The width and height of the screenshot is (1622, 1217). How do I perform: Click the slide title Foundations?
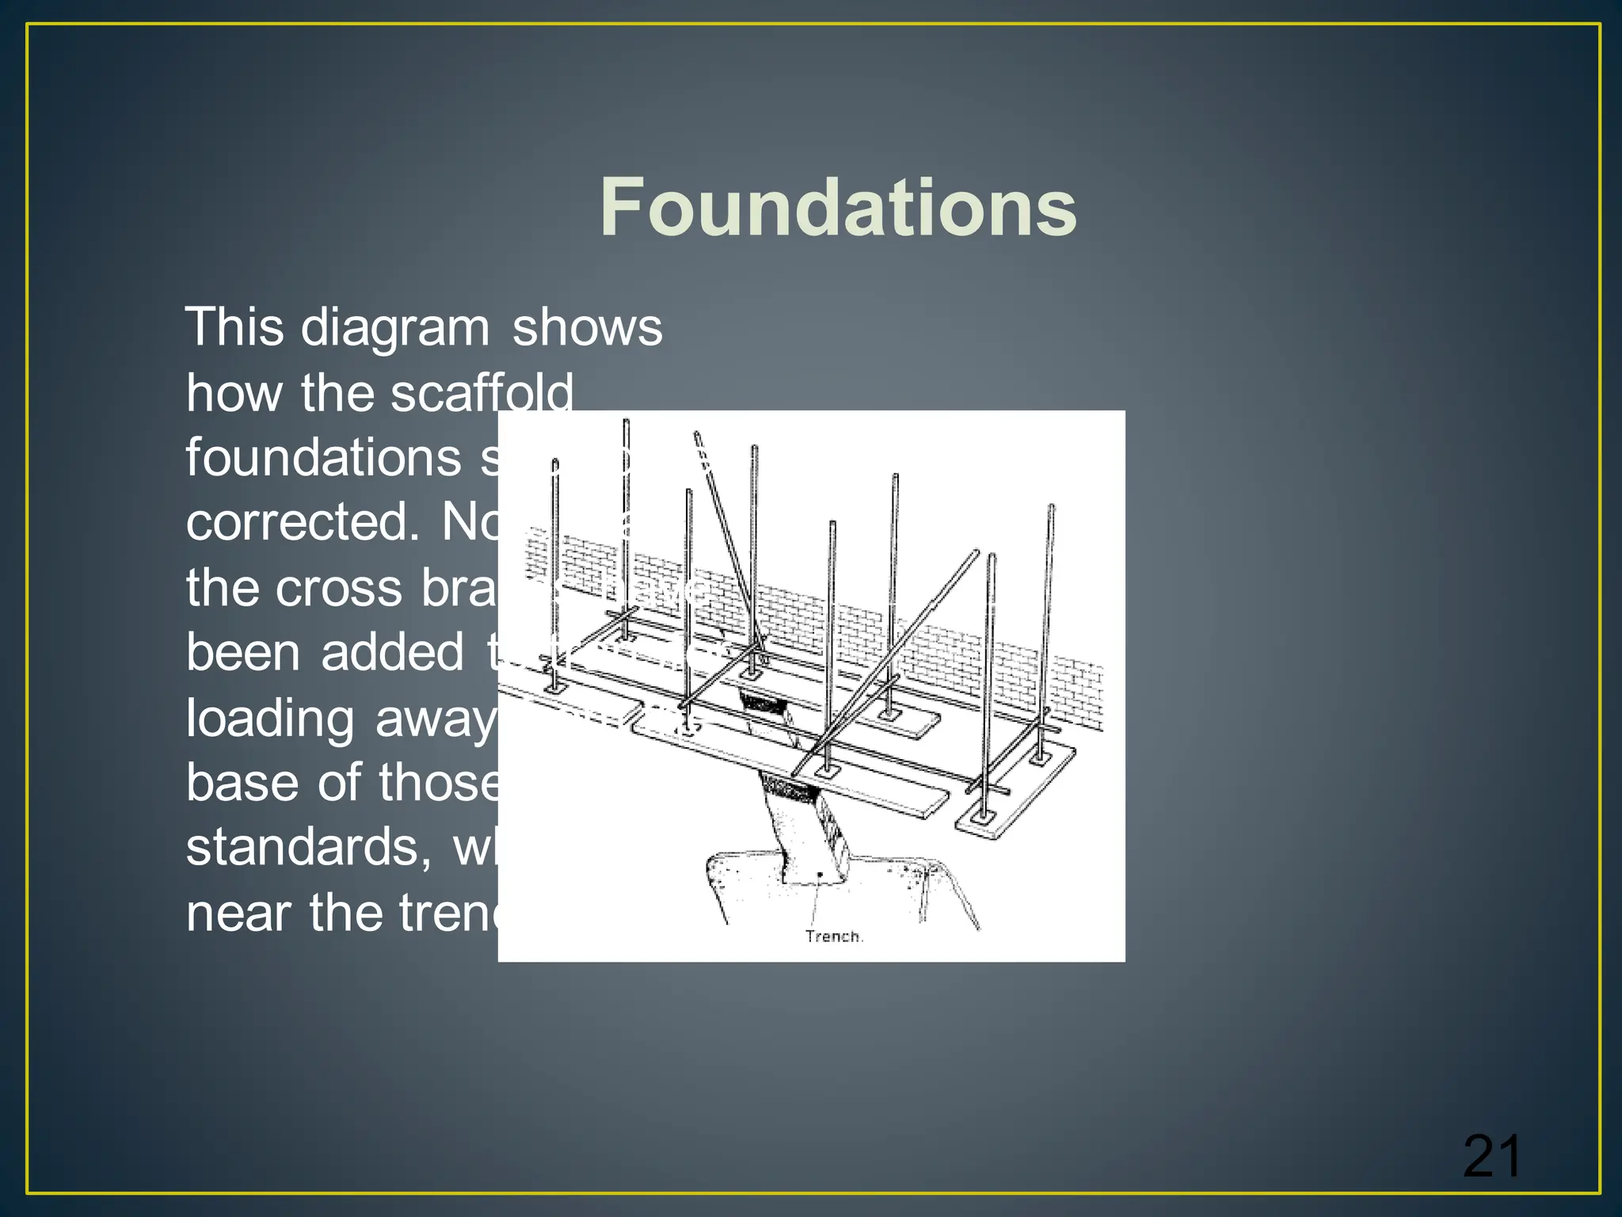(838, 208)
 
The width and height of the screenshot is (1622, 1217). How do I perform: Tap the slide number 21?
(1491, 1158)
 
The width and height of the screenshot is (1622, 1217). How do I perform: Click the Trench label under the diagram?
(834, 937)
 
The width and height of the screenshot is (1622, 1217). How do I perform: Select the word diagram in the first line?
(395, 329)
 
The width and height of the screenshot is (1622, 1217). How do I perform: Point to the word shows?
(587, 327)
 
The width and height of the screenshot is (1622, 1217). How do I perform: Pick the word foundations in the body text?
(323, 459)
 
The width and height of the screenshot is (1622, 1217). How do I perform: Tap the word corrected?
(303, 523)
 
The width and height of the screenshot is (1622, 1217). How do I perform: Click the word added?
(392, 653)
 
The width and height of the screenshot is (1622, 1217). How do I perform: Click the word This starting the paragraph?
(234, 327)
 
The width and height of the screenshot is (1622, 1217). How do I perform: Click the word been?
(242, 653)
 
